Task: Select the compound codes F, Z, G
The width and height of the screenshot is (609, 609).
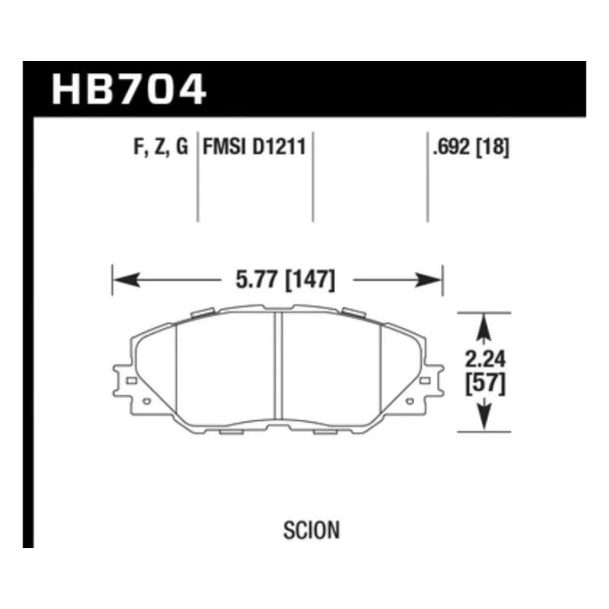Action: [x=161, y=147]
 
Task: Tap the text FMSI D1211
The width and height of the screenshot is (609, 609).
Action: [x=254, y=147]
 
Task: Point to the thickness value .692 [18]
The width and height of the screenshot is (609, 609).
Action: [x=471, y=147]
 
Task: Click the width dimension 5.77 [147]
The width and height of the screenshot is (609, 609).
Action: [x=285, y=280]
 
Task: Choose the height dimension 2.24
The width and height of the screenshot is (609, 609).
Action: [x=485, y=359]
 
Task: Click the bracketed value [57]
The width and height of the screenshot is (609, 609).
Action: [x=485, y=384]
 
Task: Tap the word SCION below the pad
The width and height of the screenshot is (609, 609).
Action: [x=311, y=530]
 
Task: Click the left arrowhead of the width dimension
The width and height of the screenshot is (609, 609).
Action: [x=126, y=280]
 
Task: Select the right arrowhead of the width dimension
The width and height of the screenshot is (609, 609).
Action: [x=429, y=280]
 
